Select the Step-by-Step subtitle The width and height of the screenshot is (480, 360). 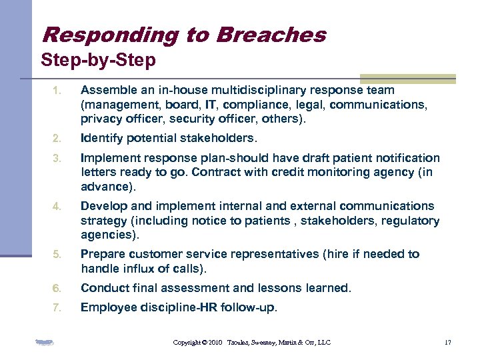98,61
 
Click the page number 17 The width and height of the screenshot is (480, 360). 447,343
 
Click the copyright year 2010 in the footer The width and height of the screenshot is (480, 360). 215,343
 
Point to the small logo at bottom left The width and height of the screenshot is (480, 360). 44,343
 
